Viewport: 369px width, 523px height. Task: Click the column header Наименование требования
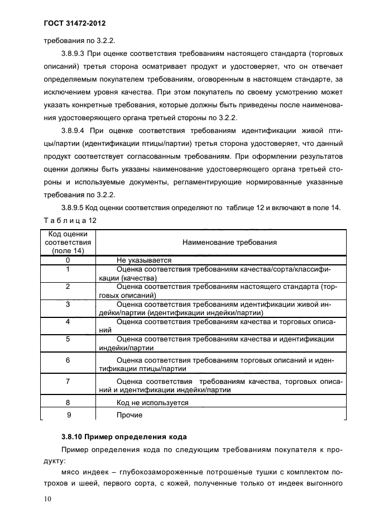tap(229, 243)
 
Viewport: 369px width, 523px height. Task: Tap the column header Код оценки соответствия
tap(68, 243)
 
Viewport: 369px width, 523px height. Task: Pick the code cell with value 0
tap(68, 260)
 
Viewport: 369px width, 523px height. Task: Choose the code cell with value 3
tap(68, 304)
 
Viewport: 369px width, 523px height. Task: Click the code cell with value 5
tap(68, 339)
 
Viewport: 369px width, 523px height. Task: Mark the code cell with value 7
tap(68, 382)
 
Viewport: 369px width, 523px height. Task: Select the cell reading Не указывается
tap(143, 260)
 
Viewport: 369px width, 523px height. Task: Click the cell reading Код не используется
tap(152, 403)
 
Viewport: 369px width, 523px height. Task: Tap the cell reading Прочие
tap(130, 415)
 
